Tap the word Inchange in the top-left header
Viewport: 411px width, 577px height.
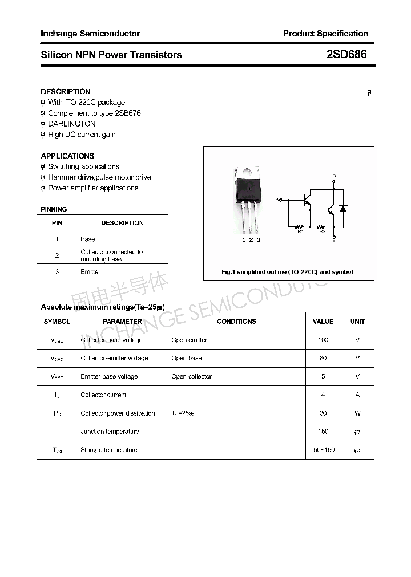coord(59,34)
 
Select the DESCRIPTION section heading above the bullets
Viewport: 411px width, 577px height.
coord(66,91)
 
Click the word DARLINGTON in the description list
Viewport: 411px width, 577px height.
coord(72,124)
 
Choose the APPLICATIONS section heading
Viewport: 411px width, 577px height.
coord(67,156)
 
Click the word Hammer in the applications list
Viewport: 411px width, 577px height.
coord(61,177)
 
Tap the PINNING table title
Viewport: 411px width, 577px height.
coord(54,209)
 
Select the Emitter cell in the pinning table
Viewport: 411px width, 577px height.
coord(90,272)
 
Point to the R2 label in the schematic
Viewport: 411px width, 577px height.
coord(322,231)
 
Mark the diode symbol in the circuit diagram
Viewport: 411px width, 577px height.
coord(342,208)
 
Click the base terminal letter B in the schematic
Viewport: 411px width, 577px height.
coord(277,200)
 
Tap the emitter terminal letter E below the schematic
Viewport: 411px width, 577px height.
coord(334,242)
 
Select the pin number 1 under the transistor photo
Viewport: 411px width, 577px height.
coord(243,240)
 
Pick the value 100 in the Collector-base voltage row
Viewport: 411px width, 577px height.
coord(323,340)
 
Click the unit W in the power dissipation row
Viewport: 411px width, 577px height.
coord(357,413)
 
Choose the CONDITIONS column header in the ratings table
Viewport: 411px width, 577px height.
coord(236,322)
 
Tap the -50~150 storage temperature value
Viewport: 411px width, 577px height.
coord(323,450)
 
